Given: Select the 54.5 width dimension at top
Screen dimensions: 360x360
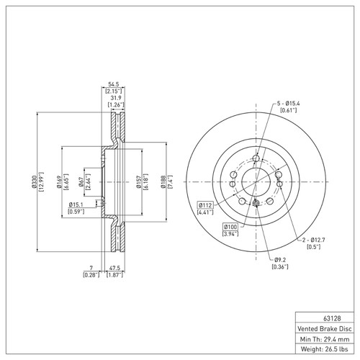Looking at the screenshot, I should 111,84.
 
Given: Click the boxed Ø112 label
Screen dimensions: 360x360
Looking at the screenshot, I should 205,204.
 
